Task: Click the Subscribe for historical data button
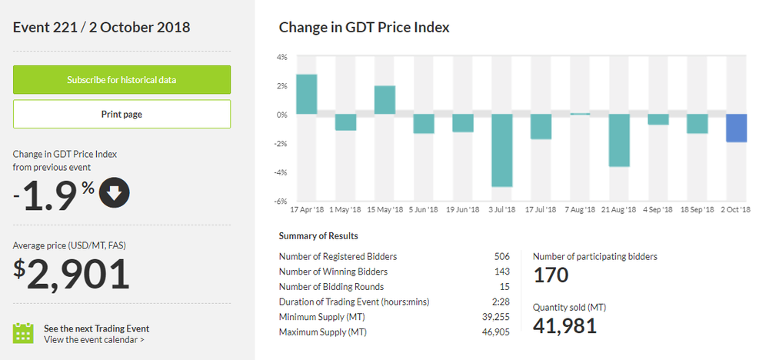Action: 122,80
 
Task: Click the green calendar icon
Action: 24,332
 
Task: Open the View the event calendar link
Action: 94,339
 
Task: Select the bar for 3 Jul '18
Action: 503,151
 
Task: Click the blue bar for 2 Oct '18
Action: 737,128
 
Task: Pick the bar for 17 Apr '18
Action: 307,95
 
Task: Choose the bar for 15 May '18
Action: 385,100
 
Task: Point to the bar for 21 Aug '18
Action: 620,140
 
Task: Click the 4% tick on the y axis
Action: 281,57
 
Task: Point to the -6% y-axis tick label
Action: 281,202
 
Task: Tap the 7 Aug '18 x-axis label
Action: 581,209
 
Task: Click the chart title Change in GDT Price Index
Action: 364,28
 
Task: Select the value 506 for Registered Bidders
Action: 502,256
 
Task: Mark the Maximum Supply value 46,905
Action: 497,332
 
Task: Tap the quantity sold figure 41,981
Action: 564,325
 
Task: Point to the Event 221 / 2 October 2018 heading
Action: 102,28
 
